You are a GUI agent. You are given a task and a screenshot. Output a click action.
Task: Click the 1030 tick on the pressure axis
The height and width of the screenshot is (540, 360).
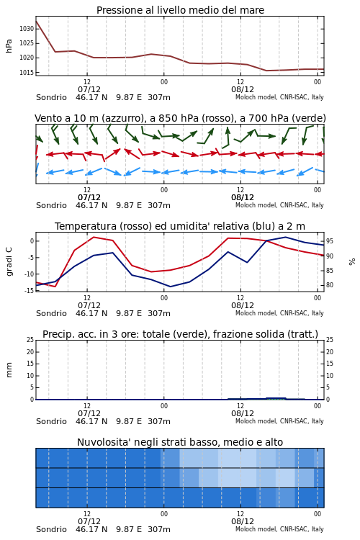(x=27, y=29)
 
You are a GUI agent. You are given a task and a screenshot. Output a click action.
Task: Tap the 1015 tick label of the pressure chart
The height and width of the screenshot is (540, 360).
(x=27, y=73)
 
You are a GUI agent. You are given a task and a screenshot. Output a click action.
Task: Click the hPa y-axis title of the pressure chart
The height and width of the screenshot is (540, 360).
(x=9, y=46)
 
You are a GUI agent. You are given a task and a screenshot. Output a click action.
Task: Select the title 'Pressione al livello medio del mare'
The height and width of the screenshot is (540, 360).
(x=180, y=10)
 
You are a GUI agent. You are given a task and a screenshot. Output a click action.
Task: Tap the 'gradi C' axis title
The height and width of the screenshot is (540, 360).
(x=9, y=262)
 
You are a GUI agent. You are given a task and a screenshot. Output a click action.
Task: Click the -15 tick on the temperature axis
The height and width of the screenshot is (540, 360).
(x=30, y=290)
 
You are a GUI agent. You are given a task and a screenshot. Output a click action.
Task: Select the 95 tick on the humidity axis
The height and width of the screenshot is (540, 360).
(x=330, y=241)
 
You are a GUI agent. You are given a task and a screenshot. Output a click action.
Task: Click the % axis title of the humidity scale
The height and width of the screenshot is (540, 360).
(x=352, y=262)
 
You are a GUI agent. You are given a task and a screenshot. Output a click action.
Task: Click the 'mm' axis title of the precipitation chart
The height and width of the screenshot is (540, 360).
(x=9, y=370)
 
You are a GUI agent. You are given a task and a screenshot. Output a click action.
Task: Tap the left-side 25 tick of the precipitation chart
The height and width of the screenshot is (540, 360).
(x=30, y=340)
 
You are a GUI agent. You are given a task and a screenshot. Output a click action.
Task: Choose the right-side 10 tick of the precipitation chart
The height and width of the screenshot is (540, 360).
(x=330, y=376)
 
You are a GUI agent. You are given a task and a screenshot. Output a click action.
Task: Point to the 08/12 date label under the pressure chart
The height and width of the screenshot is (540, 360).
(x=243, y=89)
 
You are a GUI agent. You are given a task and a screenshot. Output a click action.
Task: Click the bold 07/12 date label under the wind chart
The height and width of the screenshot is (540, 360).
(x=89, y=198)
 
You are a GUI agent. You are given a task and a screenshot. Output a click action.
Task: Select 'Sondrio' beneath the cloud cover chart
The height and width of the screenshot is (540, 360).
(x=51, y=529)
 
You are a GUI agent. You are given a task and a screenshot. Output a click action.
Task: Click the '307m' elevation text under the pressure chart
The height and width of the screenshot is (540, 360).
(x=159, y=97)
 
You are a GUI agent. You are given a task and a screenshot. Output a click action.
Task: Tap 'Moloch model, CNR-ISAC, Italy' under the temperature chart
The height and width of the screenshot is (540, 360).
(x=279, y=313)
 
